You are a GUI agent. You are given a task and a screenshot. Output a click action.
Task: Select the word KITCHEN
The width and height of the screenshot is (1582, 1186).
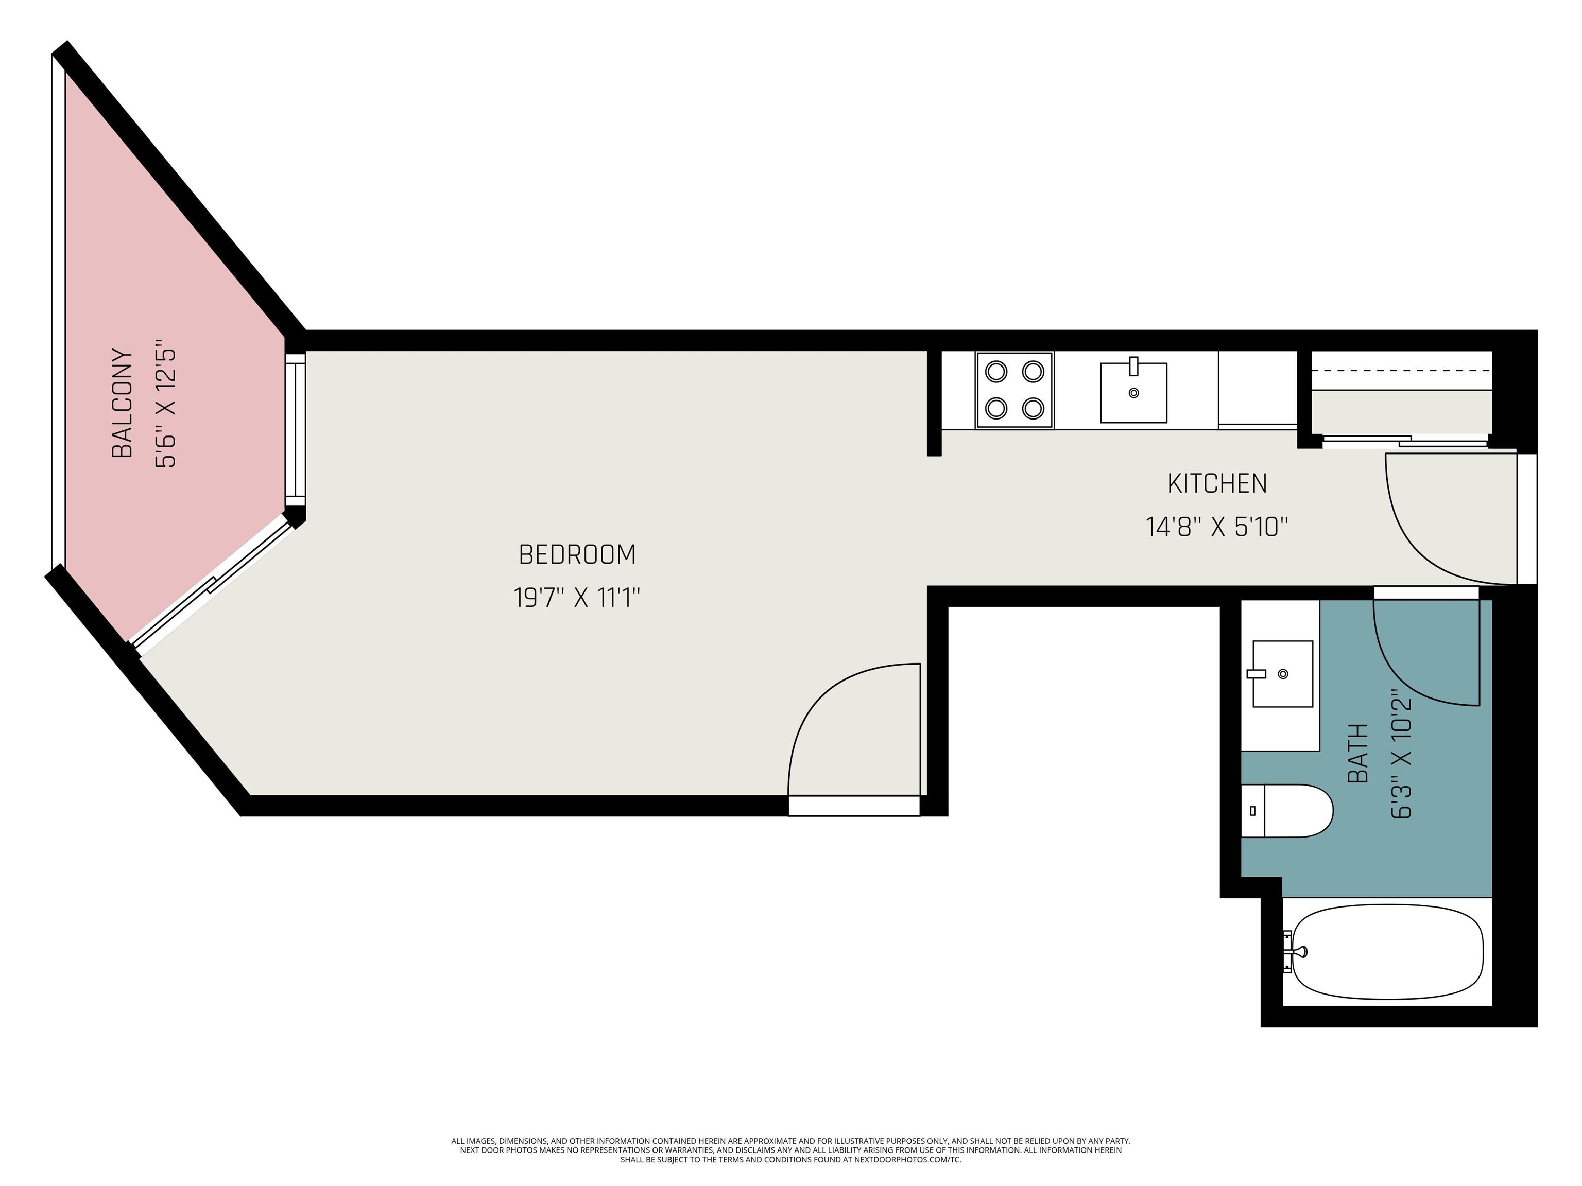1216,484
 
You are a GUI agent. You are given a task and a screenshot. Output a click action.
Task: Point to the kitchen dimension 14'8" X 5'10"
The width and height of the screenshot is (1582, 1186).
1216,528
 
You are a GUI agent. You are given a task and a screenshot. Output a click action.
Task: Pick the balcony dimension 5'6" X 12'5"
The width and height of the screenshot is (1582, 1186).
166,408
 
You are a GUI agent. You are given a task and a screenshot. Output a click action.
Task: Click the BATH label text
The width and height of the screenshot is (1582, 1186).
1357,753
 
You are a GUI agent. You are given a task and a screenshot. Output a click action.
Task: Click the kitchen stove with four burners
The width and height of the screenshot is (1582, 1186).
1014,390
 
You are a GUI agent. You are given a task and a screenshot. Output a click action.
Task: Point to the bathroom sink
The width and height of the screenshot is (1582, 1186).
1282,673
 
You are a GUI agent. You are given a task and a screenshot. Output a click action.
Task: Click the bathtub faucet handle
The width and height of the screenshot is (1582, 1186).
1296,951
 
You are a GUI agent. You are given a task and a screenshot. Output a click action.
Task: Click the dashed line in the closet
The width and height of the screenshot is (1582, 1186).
1400,370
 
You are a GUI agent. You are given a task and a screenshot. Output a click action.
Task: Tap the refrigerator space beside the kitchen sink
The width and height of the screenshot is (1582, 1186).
1257,390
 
